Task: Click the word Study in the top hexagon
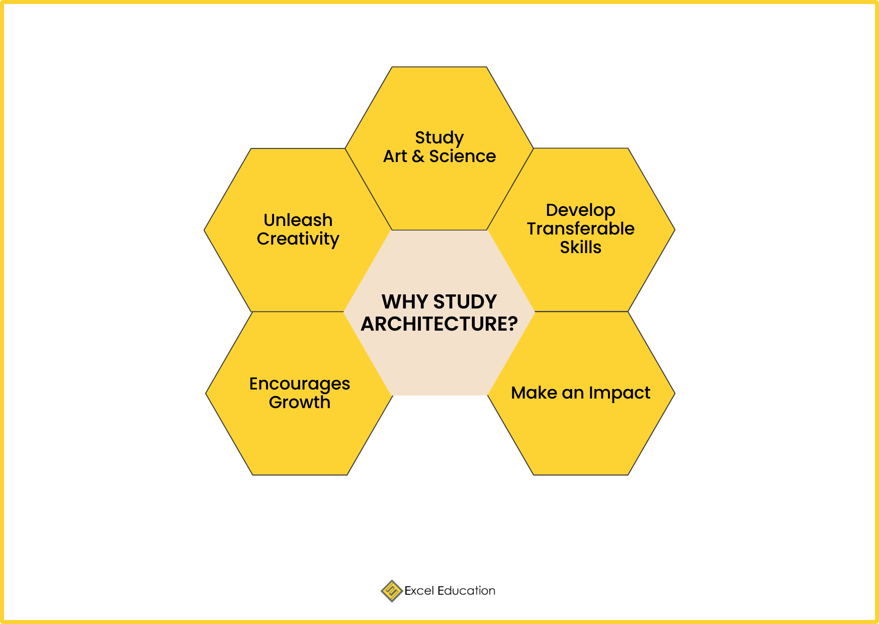pos(439,138)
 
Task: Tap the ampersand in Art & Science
pos(418,157)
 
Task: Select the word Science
pos(463,157)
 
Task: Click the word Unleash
pos(298,220)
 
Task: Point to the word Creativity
pos(298,240)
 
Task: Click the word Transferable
pos(581,229)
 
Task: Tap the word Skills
pos(581,248)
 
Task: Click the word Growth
pos(300,403)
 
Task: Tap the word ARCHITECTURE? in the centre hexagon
pos(439,324)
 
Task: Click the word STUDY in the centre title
pos(465,302)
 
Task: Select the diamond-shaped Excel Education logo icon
pos(392,591)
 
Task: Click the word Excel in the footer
pos(419,591)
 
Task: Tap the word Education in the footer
pos(467,591)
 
